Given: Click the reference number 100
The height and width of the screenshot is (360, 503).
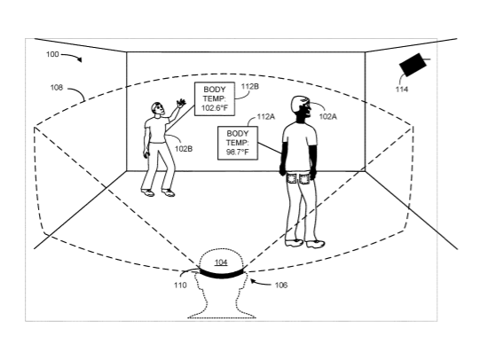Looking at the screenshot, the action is (x=52, y=54).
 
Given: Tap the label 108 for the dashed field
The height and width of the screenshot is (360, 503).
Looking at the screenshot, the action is (x=57, y=87).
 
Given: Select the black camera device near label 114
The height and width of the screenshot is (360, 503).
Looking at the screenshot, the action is (x=413, y=65).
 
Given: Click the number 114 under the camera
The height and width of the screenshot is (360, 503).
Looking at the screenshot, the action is (x=402, y=90).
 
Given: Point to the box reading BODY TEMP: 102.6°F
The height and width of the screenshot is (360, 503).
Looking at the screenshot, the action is (x=215, y=98).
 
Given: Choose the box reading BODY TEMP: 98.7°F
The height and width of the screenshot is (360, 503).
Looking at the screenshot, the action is (x=238, y=143).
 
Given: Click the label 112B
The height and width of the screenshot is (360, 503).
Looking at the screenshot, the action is (x=250, y=86).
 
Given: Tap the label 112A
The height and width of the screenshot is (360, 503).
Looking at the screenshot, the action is (x=266, y=117).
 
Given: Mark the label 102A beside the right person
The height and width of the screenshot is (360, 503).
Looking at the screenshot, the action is (x=328, y=117).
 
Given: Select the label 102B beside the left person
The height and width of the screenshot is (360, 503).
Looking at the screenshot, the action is (x=184, y=149).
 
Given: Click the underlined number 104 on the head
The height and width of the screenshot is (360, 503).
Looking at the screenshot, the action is (x=221, y=262).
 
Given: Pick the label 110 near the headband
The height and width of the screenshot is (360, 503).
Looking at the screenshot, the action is (x=180, y=285).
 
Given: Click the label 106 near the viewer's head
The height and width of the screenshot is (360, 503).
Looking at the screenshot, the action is (x=281, y=285).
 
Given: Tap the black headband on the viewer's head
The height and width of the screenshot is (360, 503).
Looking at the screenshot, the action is (x=222, y=274).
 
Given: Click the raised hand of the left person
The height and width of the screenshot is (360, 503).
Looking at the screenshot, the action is (x=181, y=103).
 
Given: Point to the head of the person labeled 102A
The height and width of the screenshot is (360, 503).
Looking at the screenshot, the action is (x=301, y=106).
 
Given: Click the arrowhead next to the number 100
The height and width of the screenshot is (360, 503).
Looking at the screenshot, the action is (x=80, y=59).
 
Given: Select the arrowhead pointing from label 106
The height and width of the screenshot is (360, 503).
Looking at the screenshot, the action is (x=253, y=281).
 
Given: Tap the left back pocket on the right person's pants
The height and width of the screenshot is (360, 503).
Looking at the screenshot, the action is (x=292, y=178).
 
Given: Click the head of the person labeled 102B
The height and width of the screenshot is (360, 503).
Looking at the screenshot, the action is (x=158, y=109).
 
